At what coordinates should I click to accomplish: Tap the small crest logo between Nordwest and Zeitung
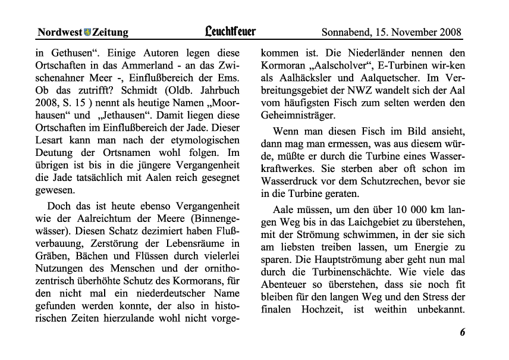click(87, 32)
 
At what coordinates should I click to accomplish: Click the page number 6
click(462, 332)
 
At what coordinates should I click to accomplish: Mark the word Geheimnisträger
click(298, 117)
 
